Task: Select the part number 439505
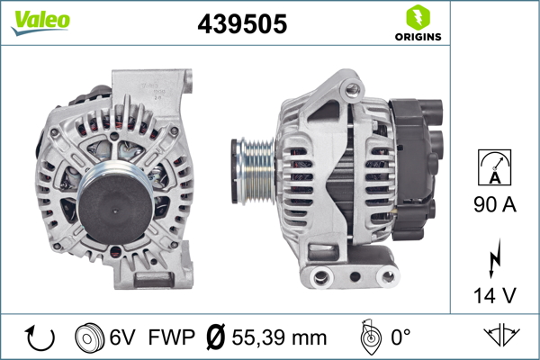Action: point(242,24)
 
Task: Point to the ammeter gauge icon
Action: point(496,167)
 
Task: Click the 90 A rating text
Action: point(496,205)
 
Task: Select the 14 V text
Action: point(496,294)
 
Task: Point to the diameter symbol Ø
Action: point(217,337)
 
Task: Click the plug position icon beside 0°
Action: point(367,337)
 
